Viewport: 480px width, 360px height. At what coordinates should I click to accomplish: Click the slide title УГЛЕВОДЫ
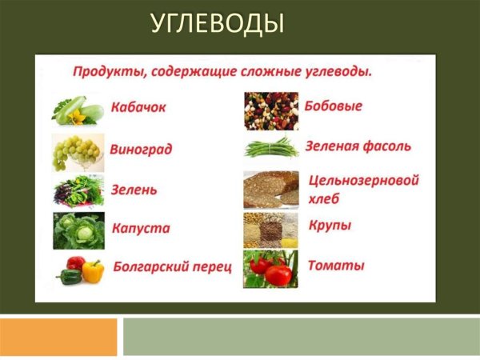pos(217,23)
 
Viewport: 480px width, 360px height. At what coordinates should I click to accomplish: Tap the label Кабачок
pos(139,108)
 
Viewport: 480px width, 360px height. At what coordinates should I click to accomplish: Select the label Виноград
pos(142,150)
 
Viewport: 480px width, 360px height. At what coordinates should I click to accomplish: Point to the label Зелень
pos(134,190)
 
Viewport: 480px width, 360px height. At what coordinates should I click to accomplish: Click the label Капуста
pos(141,228)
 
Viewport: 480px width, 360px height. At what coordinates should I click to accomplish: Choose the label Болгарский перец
pos(172,266)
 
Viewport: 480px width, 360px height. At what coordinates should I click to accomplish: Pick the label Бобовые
pos(334,106)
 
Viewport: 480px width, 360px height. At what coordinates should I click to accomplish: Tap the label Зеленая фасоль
pos(358,146)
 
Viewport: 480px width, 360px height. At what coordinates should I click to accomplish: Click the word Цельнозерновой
pos(363,181)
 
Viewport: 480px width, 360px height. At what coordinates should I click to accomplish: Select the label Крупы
pos(330,226)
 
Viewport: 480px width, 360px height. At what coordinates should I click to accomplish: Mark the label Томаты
pos(336,265)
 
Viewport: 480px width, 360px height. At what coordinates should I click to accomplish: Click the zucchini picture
pos(78,110)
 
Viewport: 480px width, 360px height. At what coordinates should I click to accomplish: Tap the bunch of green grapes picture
pos(77,150)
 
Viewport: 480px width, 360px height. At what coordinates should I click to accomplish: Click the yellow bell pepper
pos(93,270)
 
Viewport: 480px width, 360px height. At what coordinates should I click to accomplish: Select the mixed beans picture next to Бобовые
pos(270,110)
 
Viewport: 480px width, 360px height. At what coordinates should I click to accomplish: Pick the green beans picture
pos(270,148)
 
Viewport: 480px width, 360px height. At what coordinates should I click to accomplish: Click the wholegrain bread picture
pos(270,190)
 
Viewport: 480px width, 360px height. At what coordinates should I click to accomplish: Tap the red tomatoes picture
pos(270,269)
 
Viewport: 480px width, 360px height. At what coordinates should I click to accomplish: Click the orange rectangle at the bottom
pos(58,336)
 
